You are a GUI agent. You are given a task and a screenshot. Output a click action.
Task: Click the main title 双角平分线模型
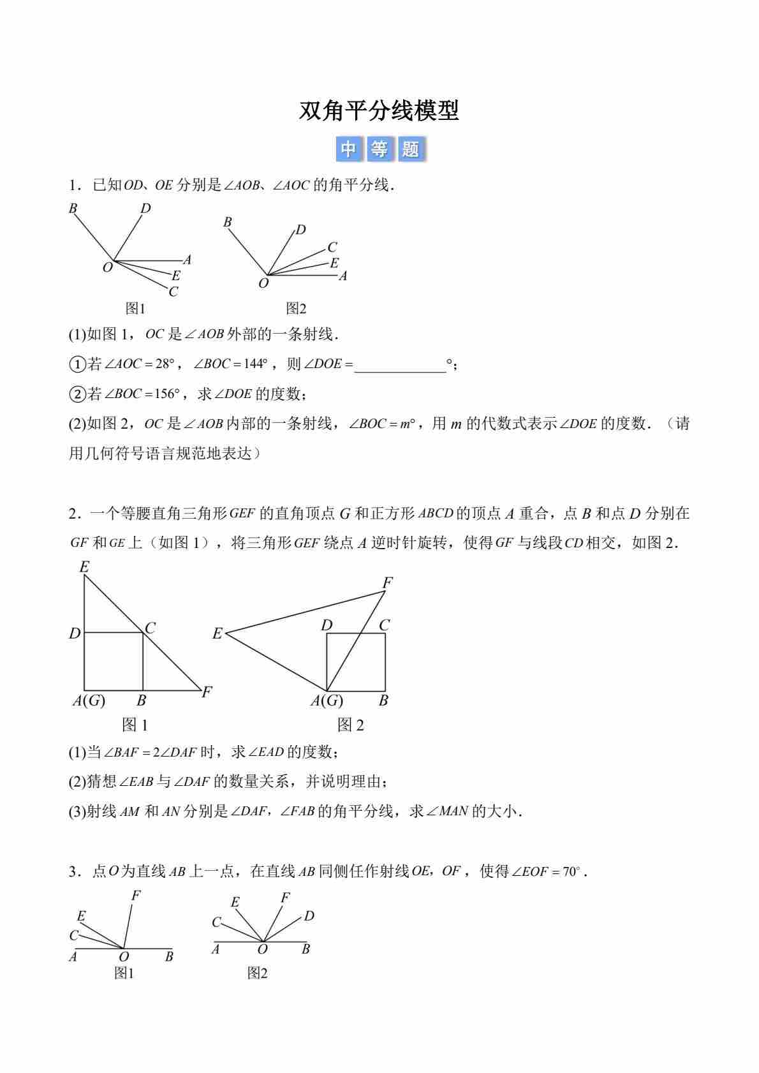pos(379,111)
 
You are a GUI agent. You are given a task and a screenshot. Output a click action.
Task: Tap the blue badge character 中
pos(348,149)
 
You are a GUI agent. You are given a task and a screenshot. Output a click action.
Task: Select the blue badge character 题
pos(411,149)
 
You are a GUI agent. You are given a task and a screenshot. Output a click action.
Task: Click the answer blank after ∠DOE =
pos(400,365)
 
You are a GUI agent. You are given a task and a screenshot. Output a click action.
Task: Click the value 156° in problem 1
pos(167,394)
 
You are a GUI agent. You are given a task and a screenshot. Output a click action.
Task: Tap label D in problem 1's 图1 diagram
pos(145,209)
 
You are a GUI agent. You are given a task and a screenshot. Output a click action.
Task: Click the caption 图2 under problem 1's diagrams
pos(296,309)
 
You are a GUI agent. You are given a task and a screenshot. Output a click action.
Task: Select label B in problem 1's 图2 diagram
pos(227,222)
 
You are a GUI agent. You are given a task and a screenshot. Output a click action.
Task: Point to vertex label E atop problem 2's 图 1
pos(84,566)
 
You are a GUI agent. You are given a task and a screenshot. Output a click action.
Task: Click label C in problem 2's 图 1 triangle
pos(151,628)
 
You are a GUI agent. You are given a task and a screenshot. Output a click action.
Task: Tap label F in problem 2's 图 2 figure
pos(387,582)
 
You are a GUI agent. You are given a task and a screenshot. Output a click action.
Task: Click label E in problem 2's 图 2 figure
pos(217,633)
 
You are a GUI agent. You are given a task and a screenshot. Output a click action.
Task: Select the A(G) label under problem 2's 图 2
pos(327,700)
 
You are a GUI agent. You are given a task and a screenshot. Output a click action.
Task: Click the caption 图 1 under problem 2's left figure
pos(135,724)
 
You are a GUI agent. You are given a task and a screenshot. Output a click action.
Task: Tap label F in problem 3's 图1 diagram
pos(136,896)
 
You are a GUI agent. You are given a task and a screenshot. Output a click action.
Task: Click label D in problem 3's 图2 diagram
pos(309,916)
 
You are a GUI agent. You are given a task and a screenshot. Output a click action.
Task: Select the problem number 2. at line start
pos(75,514)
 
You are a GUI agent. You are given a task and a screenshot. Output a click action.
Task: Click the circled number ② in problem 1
pos(77,394)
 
